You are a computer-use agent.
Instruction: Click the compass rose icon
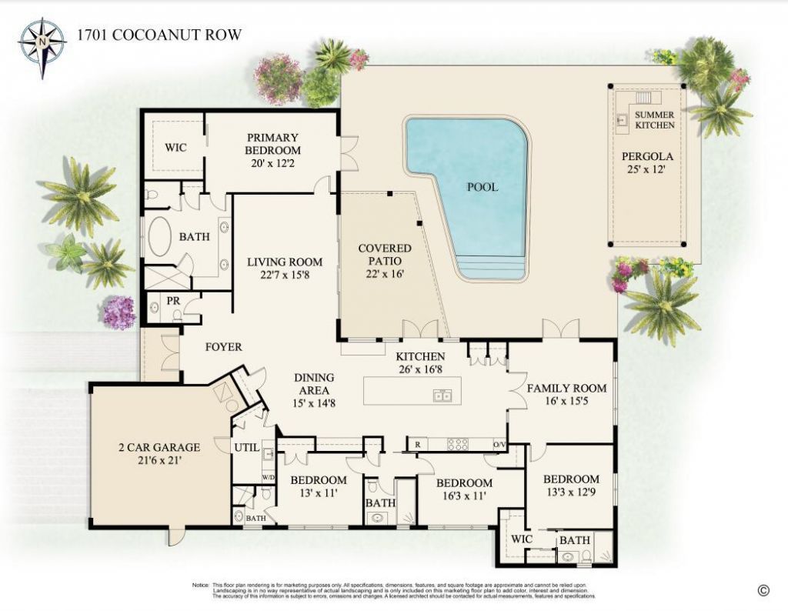coord(42,45)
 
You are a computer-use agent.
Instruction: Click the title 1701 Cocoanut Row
coord(159,35)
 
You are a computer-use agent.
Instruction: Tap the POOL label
coord(482,187)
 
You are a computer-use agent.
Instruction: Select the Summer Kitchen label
coord(654,120)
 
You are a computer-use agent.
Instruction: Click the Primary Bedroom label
coord(272,144)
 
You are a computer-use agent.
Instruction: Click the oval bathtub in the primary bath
coord(161,237)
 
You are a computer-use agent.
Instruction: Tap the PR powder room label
coord(174,301)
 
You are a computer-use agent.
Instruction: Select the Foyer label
coord(223,347)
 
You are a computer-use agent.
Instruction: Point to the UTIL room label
coord(246,446)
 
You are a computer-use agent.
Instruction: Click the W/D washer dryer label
coord(268,477)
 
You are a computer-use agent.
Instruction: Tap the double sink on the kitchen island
coord(442,396)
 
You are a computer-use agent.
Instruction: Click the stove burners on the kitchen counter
coord(458,444)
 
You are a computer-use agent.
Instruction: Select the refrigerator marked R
coord(416,444)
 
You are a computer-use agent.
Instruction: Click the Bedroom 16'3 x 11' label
coord(464,489)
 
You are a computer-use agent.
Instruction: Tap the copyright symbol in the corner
coord(763,590)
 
